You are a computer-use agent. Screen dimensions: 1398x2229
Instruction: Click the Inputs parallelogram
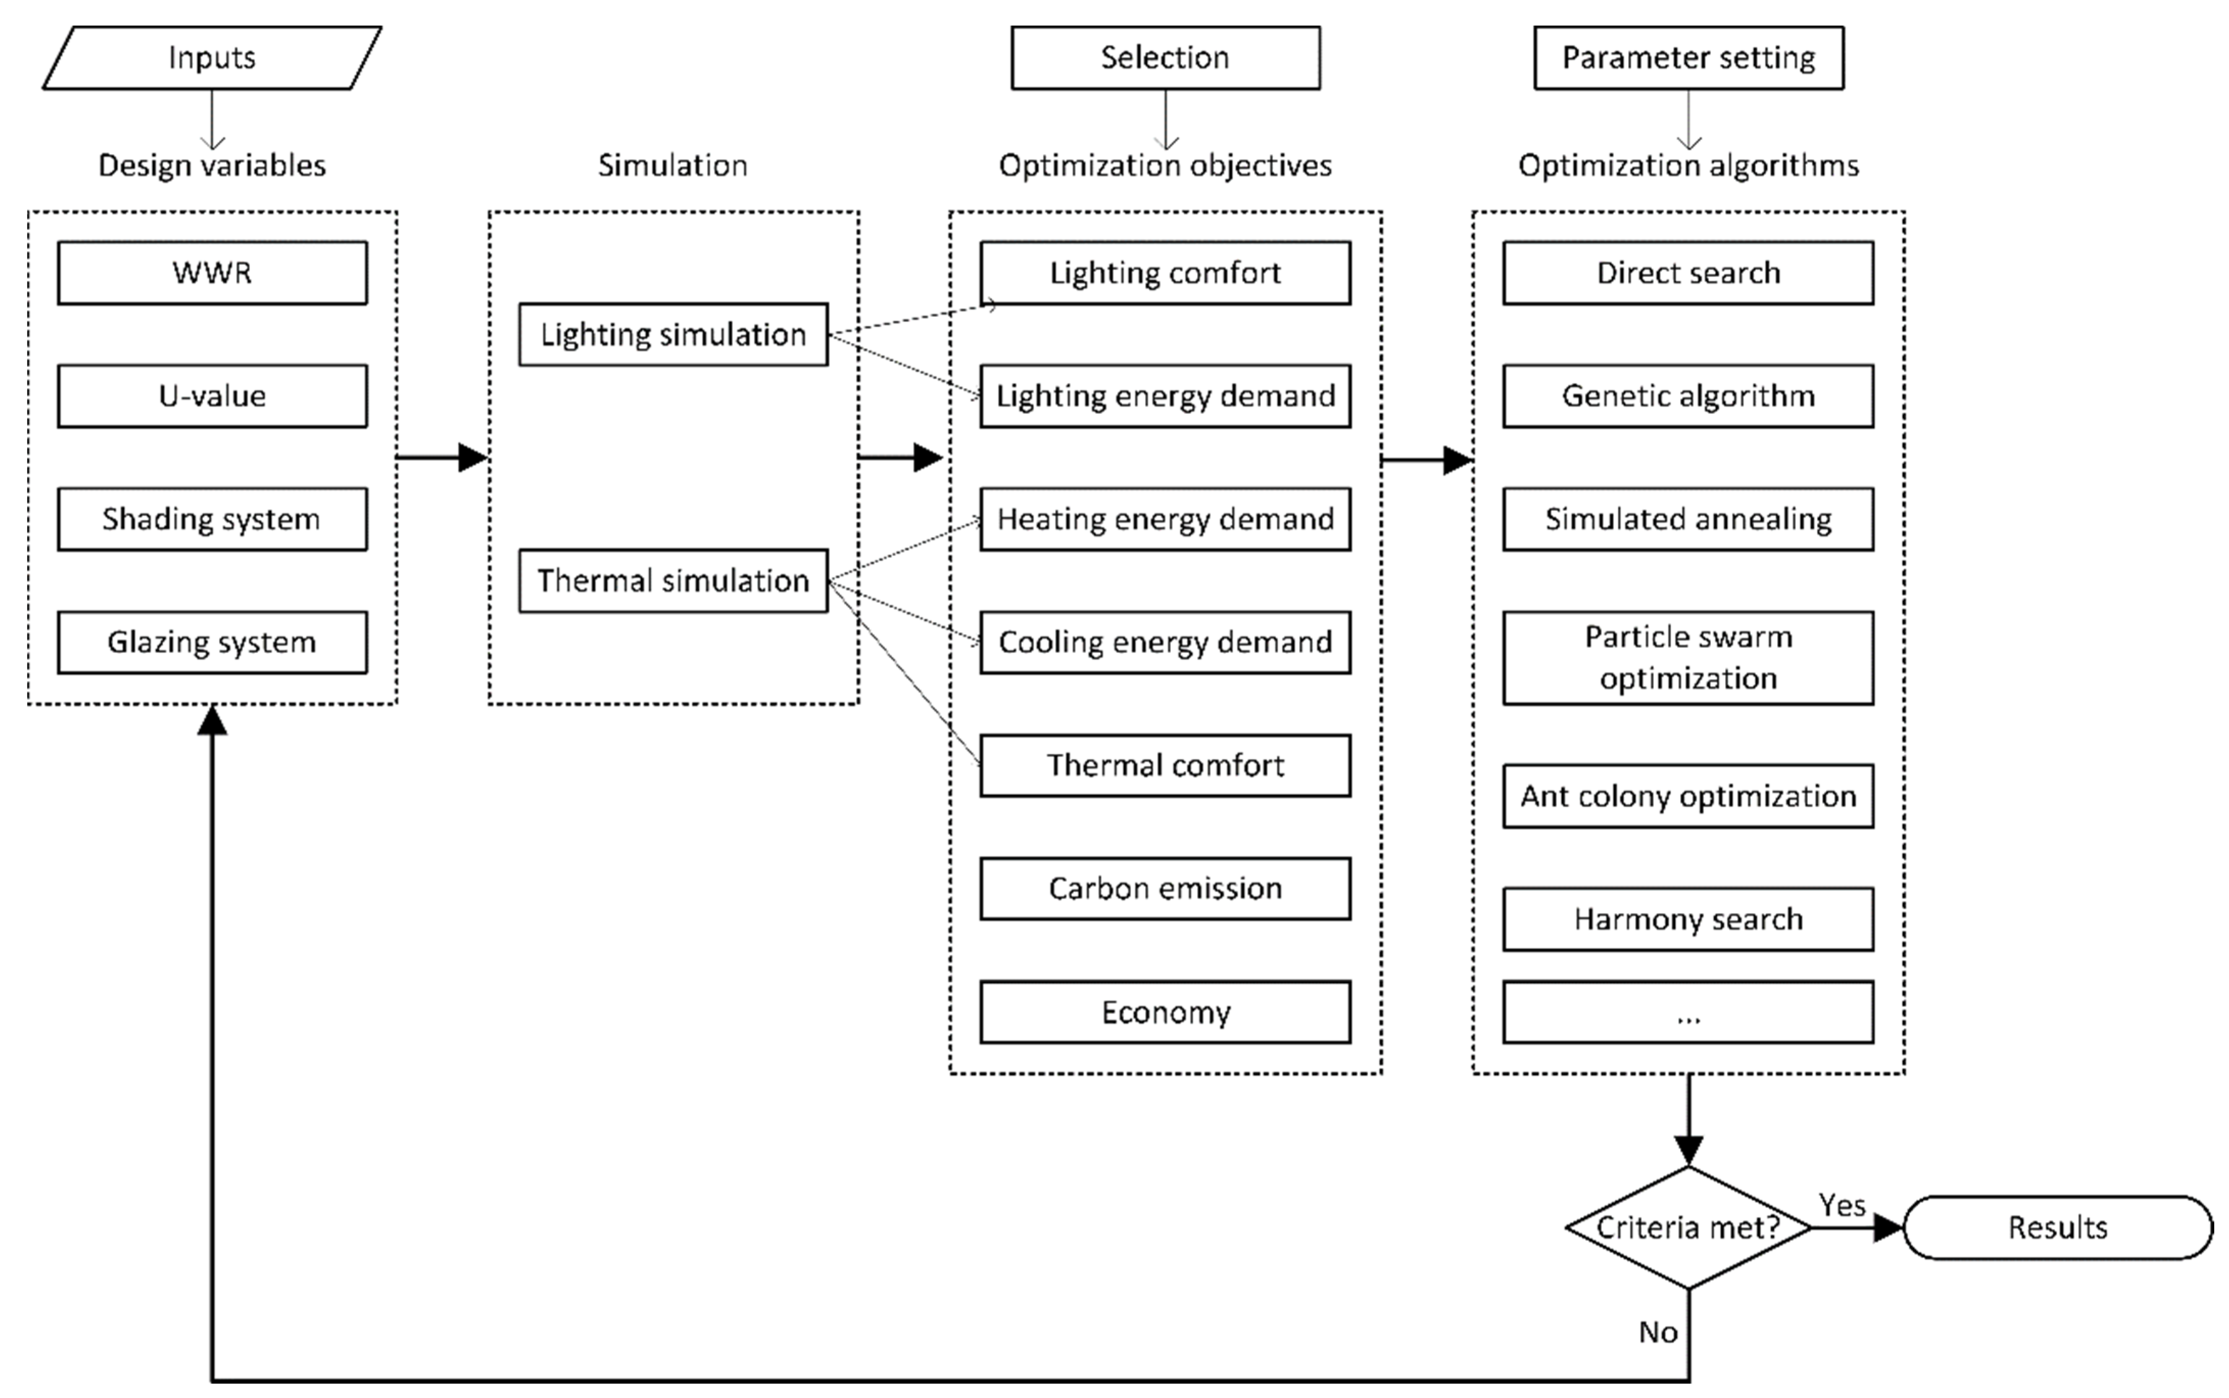pos(212,57)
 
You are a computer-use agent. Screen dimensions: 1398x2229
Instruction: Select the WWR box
pos(212,273)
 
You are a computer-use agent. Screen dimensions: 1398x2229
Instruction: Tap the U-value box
pos(212,396)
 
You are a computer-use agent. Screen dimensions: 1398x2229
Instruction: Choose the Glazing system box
pos(212,642)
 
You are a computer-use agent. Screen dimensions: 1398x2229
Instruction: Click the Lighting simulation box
pos(673,334)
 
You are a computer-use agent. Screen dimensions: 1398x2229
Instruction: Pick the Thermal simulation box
pos(673,581)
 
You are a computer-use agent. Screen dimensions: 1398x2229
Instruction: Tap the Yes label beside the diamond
pos(1842,1205)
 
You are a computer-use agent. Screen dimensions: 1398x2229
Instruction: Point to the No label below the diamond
pos(1658,1332)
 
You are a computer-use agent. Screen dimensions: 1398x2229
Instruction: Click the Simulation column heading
pos(673,165)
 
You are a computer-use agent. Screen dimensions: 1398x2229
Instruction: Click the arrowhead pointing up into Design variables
pos(212,720)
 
